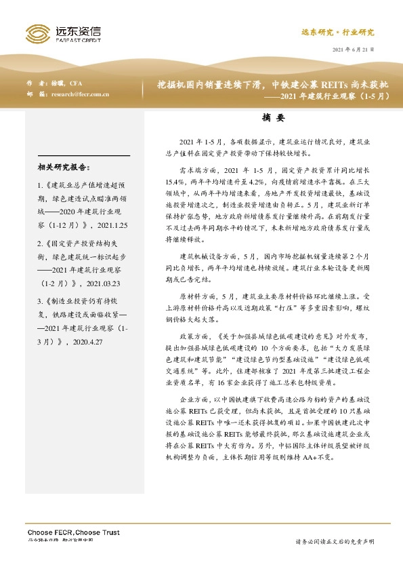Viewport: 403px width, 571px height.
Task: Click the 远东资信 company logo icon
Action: pos(36,32)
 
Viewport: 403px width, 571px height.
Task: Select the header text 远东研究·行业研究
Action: pos(337,32)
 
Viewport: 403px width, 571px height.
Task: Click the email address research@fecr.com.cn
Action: pos(79,94)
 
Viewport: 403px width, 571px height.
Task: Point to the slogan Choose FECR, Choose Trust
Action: pos(73,532)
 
